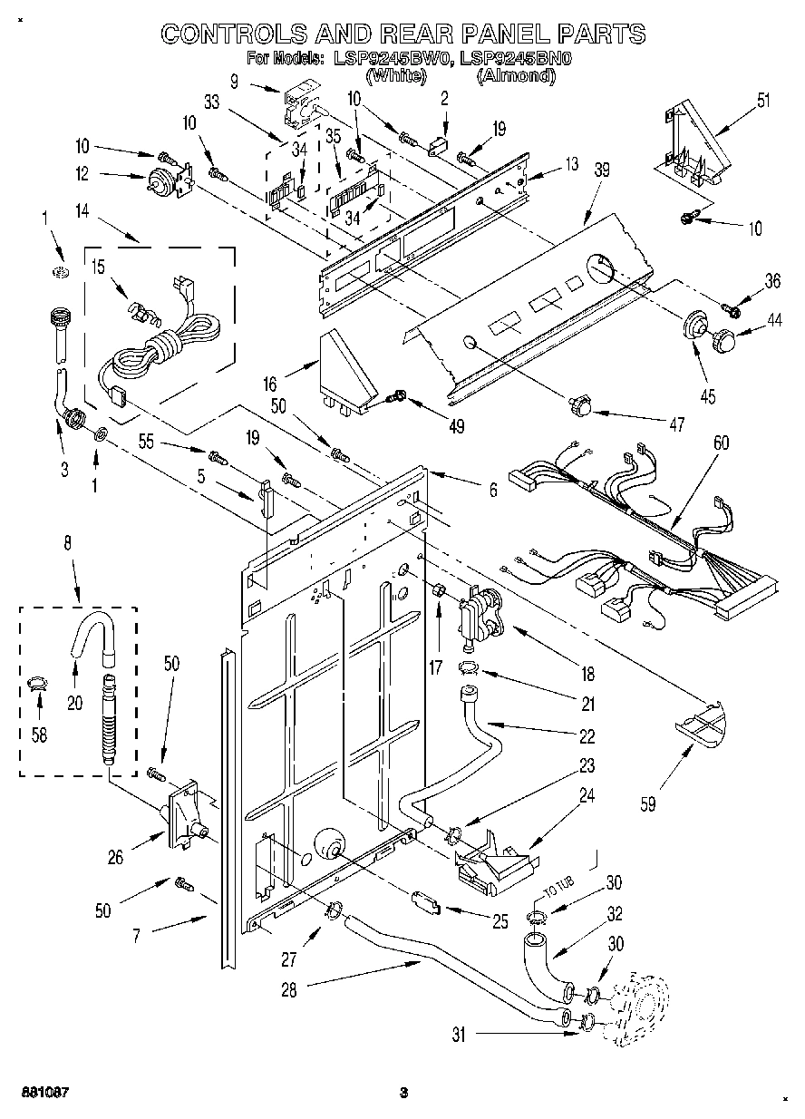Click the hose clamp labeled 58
tap(36, 684)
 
